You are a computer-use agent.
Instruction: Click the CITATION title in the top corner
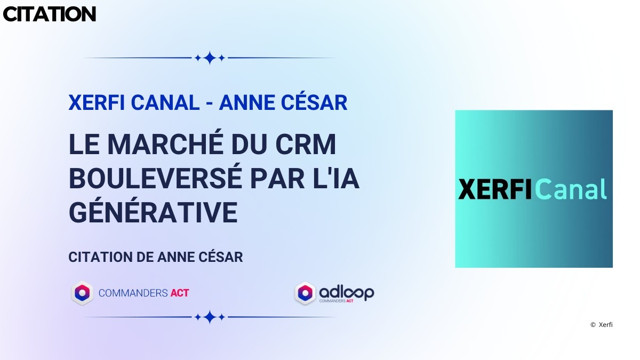pos(49,14)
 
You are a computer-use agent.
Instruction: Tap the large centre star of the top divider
pos(210,58)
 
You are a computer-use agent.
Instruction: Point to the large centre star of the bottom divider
pos(210,317)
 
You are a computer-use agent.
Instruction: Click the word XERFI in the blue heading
pos(97,102)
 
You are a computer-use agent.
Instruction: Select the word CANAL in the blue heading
pos(165,102)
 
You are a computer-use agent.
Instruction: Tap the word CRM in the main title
pos(306,144)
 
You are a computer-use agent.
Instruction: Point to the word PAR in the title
pos(277,179)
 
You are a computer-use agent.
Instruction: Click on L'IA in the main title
pos(336,179)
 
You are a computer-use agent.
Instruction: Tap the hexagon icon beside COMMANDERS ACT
pos(82,293)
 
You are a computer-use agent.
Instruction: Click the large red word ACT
pos(180,293)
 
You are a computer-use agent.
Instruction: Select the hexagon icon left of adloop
pos(305,293)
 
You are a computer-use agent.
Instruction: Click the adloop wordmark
pos(347,293)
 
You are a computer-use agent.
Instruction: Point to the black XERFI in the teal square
pos(495,189)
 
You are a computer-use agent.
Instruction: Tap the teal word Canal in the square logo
pos(571,189)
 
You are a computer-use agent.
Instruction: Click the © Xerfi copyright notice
pos(602,325)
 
